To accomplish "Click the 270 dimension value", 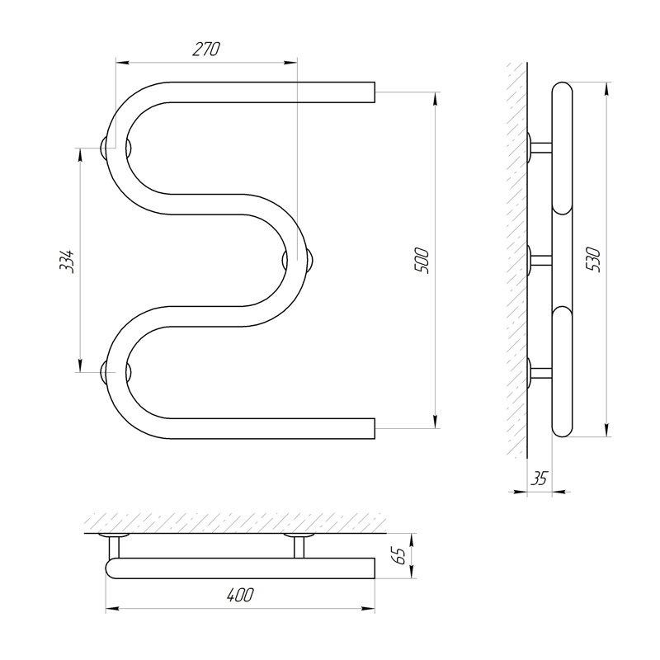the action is click(206, 49).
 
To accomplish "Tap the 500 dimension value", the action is click(423, 262).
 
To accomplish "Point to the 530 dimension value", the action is click(595, 260).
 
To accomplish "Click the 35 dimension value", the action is click(540, 478).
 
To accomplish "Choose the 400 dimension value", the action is click(240, 595).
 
